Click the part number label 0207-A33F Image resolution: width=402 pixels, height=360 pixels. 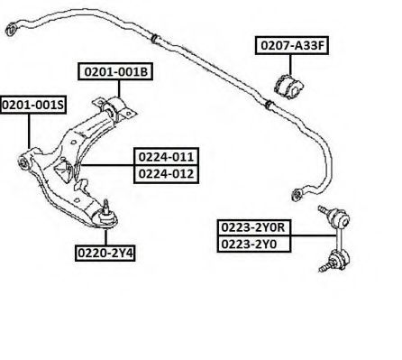(292, 45)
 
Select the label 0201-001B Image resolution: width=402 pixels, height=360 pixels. (115, 71)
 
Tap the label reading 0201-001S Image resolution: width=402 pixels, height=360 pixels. (33, 105)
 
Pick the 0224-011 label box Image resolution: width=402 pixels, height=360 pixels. (166, 157)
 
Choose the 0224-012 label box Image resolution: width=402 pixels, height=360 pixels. (166, 174)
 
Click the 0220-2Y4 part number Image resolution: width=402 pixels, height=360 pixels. (105, 254)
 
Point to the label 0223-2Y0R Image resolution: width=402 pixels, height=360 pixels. (254, 227)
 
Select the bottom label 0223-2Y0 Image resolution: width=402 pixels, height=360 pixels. (254, 244)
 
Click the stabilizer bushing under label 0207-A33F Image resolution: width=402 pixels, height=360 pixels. (289, 87)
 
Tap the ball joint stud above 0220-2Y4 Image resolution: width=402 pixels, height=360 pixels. (105, 207)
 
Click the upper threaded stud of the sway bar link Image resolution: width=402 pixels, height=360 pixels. (324, 209)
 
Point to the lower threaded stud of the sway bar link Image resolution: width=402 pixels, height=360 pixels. (325, 267)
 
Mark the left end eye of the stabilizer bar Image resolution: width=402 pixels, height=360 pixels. (12, 29)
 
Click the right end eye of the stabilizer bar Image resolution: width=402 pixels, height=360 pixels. (297, 194)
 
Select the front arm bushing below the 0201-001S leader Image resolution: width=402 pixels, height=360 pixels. (23, 162)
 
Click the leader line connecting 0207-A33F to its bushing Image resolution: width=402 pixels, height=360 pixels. (290, 65)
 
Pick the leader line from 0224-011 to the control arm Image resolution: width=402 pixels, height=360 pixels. (107, 165)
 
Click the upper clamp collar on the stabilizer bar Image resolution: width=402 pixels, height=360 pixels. (155, 39)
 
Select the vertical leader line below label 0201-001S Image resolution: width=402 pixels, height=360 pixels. (29, 131)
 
